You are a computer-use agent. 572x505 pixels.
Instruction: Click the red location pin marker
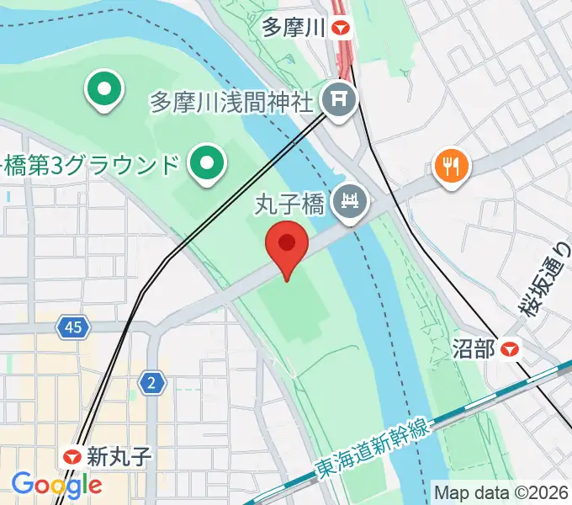coord(286,246)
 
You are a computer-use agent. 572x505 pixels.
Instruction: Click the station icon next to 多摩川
coord(342,29)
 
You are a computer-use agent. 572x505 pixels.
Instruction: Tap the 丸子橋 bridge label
coord(291,202)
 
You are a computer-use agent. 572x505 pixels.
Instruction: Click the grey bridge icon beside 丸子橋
coord(349,201)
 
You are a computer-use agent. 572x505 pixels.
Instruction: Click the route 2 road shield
coord(151,384)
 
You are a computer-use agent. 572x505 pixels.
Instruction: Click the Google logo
coord(56,484)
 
